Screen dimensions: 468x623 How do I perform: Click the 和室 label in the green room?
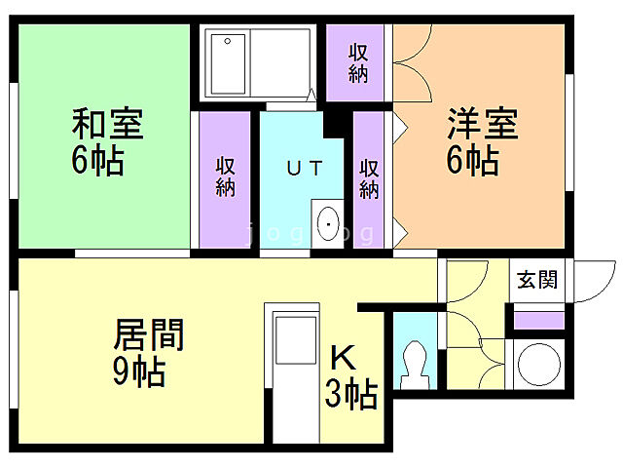point(107,127)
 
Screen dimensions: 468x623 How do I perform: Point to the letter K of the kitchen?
point(342,357)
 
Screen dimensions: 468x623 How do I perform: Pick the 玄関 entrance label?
point(537,281)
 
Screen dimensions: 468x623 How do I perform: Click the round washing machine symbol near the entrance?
point(538,364)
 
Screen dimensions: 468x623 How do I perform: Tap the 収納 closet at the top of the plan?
point(358,61)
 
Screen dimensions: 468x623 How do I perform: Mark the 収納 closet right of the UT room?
point(369,178)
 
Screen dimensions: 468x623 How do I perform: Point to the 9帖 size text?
point(136,371)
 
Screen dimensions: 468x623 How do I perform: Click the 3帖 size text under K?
point(350,395)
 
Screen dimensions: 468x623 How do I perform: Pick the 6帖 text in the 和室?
point(97,160)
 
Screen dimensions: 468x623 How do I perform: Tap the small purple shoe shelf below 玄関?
point(538,320)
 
